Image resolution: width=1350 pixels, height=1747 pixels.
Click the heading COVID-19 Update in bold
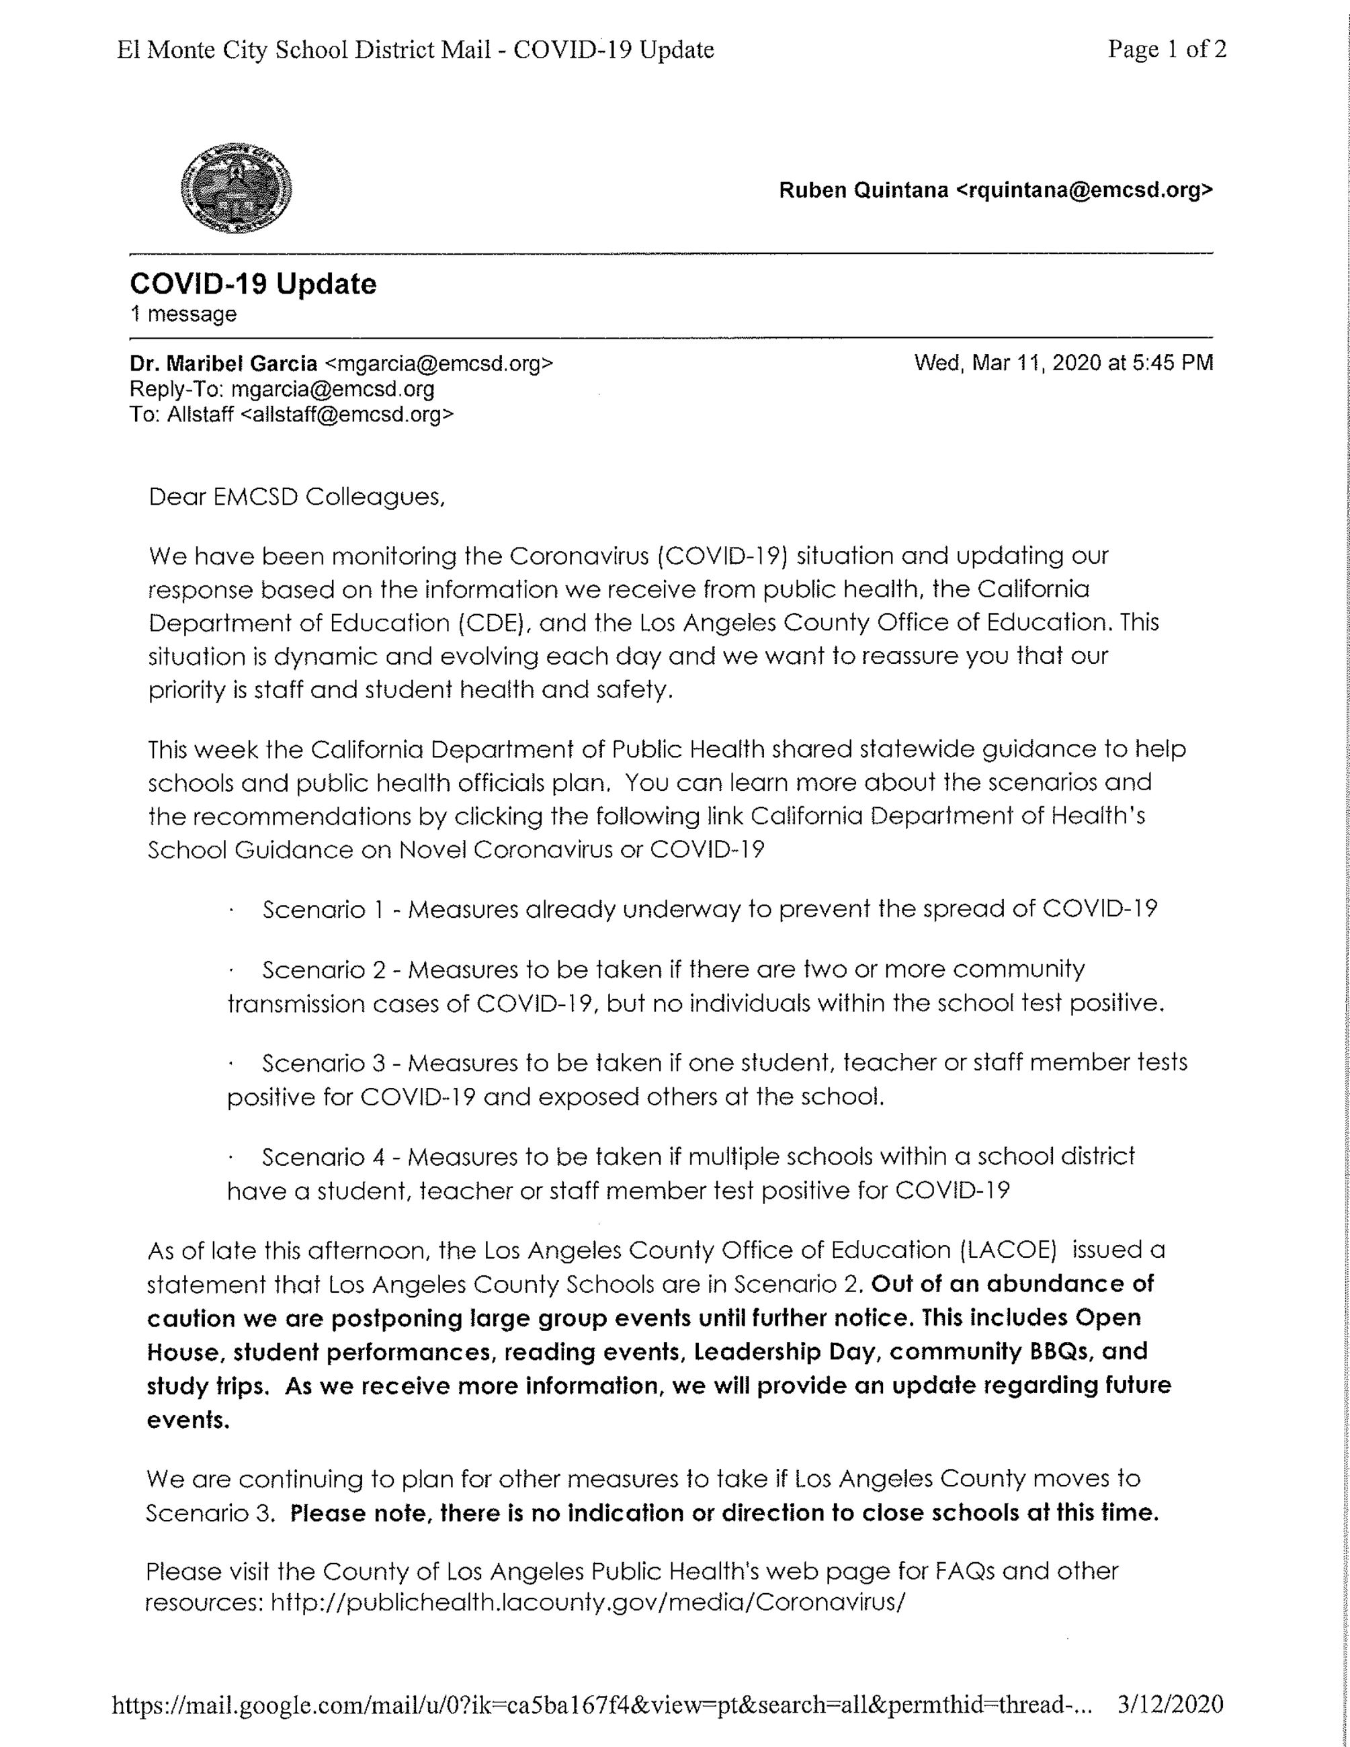[253, 284]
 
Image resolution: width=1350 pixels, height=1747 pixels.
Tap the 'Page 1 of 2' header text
[1166, 50]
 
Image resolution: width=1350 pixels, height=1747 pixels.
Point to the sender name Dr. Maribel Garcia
[224, 364]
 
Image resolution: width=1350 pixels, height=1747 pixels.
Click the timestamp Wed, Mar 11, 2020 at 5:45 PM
[1063, 363]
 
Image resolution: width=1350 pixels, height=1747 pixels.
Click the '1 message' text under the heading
[183, 314]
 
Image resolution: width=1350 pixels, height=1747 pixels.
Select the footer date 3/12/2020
[1169, 1704]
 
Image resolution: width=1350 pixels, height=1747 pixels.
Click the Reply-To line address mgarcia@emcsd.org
[333, 390]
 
